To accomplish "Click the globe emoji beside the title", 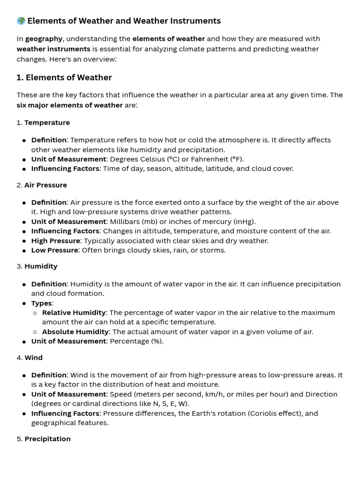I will pyautogui.click(x=21, y=21).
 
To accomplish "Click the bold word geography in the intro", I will pyautogui.click(x=44, y=39).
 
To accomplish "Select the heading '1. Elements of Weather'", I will pyautogui.click(x=64, y=78).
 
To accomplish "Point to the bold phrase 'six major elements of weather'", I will pyautogui.click(x=69, y=105).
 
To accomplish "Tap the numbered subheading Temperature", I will pyautogui.click(x=47, y=123).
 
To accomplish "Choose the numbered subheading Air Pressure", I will pyautogui.click(x=45, y=185).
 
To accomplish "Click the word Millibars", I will pyautogui.click(x=126, y=222).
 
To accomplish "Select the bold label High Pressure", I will pyautogui.click(x=55, y=241).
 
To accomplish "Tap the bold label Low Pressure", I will pyautogui.click(x=54, y=250).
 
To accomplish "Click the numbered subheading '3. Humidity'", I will pyautogui.click(x=37, y=266).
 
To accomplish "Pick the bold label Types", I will pyautogui.click(x=41, y=303).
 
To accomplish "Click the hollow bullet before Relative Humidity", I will pyautogui.click(x=35, y=313).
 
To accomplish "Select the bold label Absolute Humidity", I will pyautogui.click(x=75, y=332).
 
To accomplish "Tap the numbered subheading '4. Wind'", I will pyautogui.click(x=30, y=358).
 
